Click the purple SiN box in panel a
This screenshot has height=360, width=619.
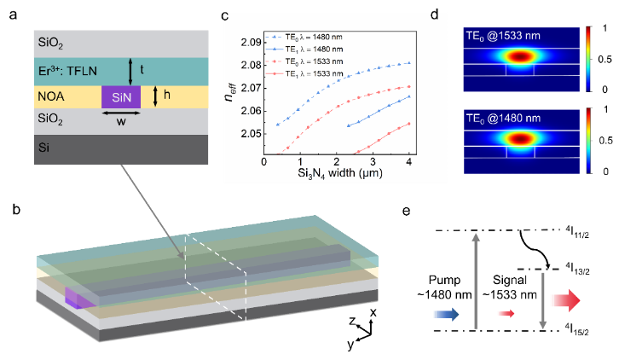point(121,96)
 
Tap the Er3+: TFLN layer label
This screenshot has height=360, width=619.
point(67,71)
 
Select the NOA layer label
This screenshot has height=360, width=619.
point(51,96)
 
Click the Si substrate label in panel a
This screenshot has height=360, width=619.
point(43,148)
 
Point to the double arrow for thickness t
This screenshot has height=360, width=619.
point(130,72)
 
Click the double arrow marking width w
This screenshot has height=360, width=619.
point(121,113)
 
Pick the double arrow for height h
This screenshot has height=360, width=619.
point(155,96)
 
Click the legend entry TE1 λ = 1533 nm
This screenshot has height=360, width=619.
point(304,74)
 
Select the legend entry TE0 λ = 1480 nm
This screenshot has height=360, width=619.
point(304,38)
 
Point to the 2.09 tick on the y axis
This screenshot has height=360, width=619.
point(252,43)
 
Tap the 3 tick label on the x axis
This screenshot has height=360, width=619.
point(373,161)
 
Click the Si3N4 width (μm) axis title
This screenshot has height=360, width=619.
point(340,173)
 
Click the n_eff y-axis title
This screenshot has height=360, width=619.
point(230,91)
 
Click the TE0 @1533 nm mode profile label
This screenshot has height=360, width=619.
point(503,36)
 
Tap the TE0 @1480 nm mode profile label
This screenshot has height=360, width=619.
point(503,119)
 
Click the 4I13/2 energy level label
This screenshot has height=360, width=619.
point(577,268)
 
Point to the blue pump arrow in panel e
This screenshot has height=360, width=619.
point(447,315)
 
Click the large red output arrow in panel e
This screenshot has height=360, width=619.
point(566,301)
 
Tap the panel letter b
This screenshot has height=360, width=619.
point(16,209)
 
